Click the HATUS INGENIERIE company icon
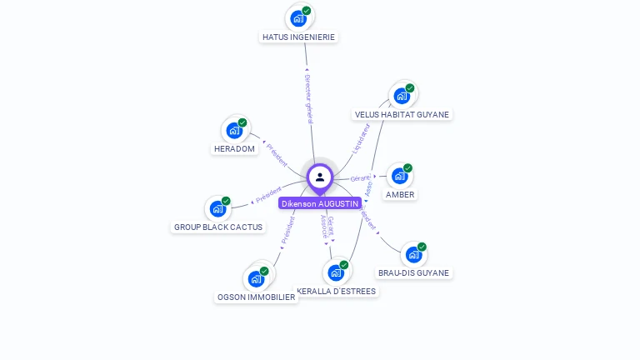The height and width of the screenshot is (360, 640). coord(298,17)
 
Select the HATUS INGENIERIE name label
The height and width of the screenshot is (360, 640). coord(298,37)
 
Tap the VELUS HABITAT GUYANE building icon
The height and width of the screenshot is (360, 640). coord(402,95)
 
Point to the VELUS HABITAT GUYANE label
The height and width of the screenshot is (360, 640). coord(402,115)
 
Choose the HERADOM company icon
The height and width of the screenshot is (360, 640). coord(234,130)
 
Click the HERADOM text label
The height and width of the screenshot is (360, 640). coord(234,149)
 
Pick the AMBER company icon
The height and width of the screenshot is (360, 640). coord(400,176)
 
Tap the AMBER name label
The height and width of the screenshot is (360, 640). coord(400,195)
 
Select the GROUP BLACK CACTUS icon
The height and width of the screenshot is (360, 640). coord(217,208)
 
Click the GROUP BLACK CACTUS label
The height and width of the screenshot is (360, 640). coord(217,227)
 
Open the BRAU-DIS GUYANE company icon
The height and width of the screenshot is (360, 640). coord(413,254)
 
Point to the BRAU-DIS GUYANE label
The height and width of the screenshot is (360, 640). coord(413,273)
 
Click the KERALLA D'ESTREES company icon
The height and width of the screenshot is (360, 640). coord(336,272)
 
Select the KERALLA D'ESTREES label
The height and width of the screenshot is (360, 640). coord(337,292)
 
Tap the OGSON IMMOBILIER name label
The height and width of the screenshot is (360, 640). coord(257,297)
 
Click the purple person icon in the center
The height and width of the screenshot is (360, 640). coord(320,177)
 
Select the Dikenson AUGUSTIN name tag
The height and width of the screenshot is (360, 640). coord(320,203)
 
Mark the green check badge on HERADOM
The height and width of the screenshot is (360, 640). coord(242,122)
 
